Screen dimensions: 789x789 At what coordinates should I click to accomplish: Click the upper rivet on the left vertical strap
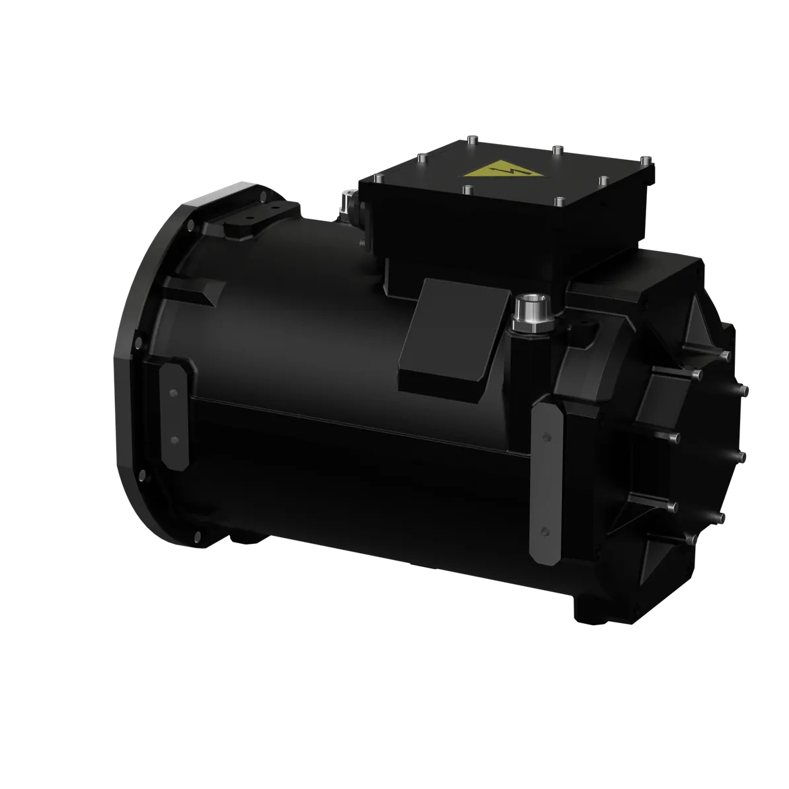pos(173,394)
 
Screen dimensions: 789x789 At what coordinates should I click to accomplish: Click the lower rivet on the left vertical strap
pos(174,439)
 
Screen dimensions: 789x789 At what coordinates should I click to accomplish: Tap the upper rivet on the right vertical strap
pos(546,436)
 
